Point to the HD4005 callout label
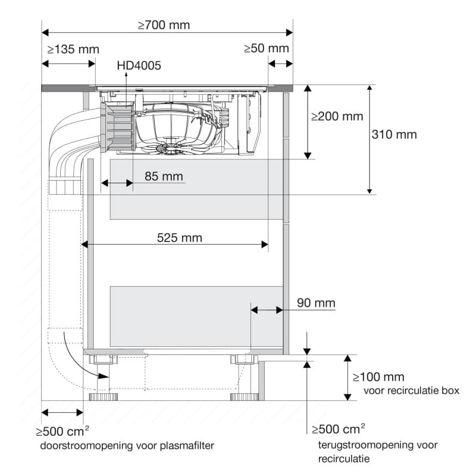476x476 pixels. (x=139, y=66)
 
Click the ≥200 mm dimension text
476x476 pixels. (x=337, y=116)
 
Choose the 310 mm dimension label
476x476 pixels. (x=394, y=134)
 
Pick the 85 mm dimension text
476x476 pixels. (x=164, y=177)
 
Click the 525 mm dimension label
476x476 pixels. (x=179, y=238)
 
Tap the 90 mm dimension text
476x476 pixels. (x=316, y=303)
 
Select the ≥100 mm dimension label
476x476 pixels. (x=378, y=377)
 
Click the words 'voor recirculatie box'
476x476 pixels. (x=411, y=391)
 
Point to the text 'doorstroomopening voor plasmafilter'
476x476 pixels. (x=127, y=445)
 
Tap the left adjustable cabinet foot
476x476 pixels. (x=101, y=396)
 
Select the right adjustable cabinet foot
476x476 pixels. (x=242, y=396)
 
